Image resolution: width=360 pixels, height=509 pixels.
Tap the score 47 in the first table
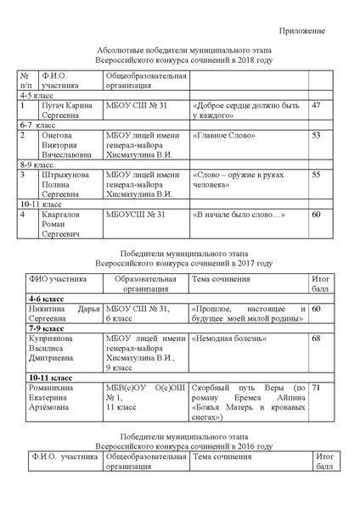(317, 105)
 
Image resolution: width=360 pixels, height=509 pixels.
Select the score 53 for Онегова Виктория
(317, 135)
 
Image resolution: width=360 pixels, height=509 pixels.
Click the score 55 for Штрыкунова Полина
(317, 175)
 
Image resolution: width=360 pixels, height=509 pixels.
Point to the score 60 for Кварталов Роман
(317, 215)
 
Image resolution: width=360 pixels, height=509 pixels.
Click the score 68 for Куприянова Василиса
(317, 339)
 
